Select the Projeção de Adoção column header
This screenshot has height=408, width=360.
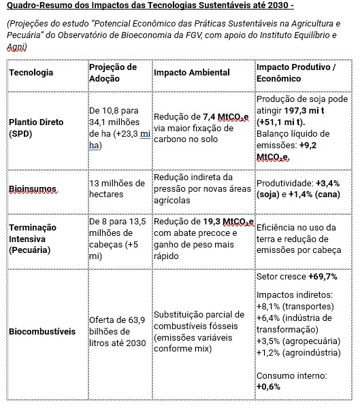(x=112, y=72)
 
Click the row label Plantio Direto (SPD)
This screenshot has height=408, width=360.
(x=36, y=128)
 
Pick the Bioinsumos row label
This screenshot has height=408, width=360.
(x=32, y=189)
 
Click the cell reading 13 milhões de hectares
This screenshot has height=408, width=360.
(x=117, y=188)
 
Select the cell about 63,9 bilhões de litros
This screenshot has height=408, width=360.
(x=117, y=332)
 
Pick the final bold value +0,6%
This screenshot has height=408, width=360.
(x=269, y=386)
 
